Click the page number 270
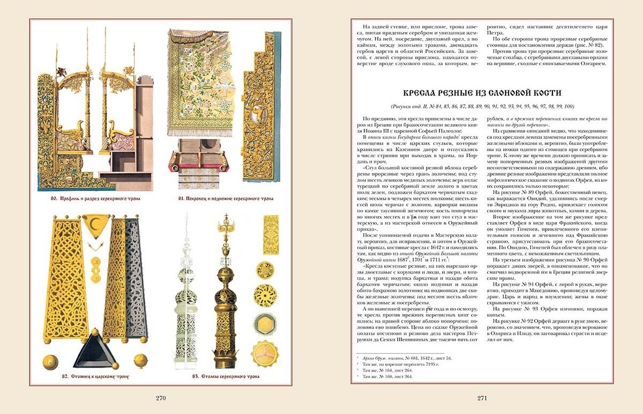pyautogui.click(x=161, y=398)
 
